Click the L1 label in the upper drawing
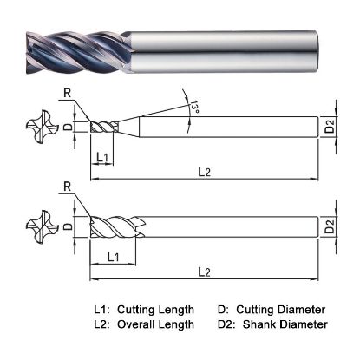tap(102, 157)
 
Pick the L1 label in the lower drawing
tap(113, 257)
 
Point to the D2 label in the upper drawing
tap(331, 127)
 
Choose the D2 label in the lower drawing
tap(331, 228)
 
